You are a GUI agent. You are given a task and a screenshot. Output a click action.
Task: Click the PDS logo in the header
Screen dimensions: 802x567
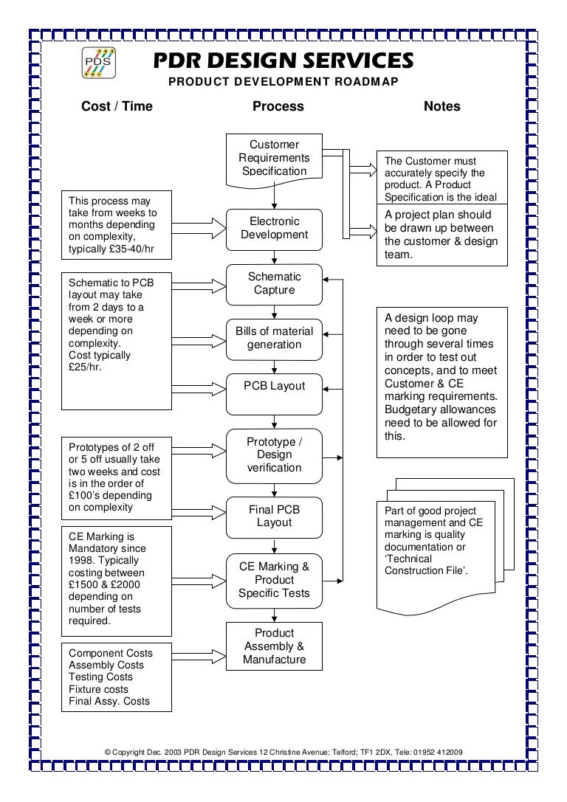tap(97, 63)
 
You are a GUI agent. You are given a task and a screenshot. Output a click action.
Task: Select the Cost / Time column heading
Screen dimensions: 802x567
tap(117, 106)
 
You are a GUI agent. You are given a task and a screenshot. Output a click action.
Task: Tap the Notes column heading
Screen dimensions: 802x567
tap(441, 106)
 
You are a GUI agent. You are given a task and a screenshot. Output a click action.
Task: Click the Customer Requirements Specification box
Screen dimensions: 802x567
tap(274, 158)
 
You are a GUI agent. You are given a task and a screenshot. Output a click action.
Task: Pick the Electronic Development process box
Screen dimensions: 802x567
tap(274, 228)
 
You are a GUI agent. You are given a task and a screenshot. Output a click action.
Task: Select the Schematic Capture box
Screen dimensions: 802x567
tap(274, 283)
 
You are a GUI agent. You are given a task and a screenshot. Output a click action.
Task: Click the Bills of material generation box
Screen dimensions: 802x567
tap(274, 338)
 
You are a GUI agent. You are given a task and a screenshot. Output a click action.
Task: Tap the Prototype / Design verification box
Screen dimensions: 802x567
tap(274, 454)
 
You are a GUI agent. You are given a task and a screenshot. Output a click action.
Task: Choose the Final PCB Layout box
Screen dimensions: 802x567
tap(274, 516)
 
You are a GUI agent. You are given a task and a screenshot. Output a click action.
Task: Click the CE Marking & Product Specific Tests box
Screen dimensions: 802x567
tap(274, 580)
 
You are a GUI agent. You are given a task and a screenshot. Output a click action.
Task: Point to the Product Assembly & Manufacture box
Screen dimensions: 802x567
tap(274, 646)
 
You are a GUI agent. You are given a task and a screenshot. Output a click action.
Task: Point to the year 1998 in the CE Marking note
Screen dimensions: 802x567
tap(81, 561)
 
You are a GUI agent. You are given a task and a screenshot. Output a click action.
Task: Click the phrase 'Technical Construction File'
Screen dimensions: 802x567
tap(426, 565)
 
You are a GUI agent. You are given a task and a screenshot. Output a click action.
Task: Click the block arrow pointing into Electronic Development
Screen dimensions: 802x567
tap(200, 227)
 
